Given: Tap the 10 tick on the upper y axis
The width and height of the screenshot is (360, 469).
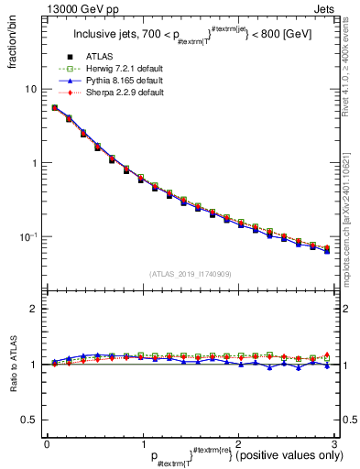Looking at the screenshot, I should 33,89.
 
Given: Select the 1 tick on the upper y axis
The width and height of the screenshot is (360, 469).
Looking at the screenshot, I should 36,163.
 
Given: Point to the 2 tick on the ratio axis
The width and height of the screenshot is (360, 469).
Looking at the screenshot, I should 36,309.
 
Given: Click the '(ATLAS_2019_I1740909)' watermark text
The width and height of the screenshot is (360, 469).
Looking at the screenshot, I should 190,274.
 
